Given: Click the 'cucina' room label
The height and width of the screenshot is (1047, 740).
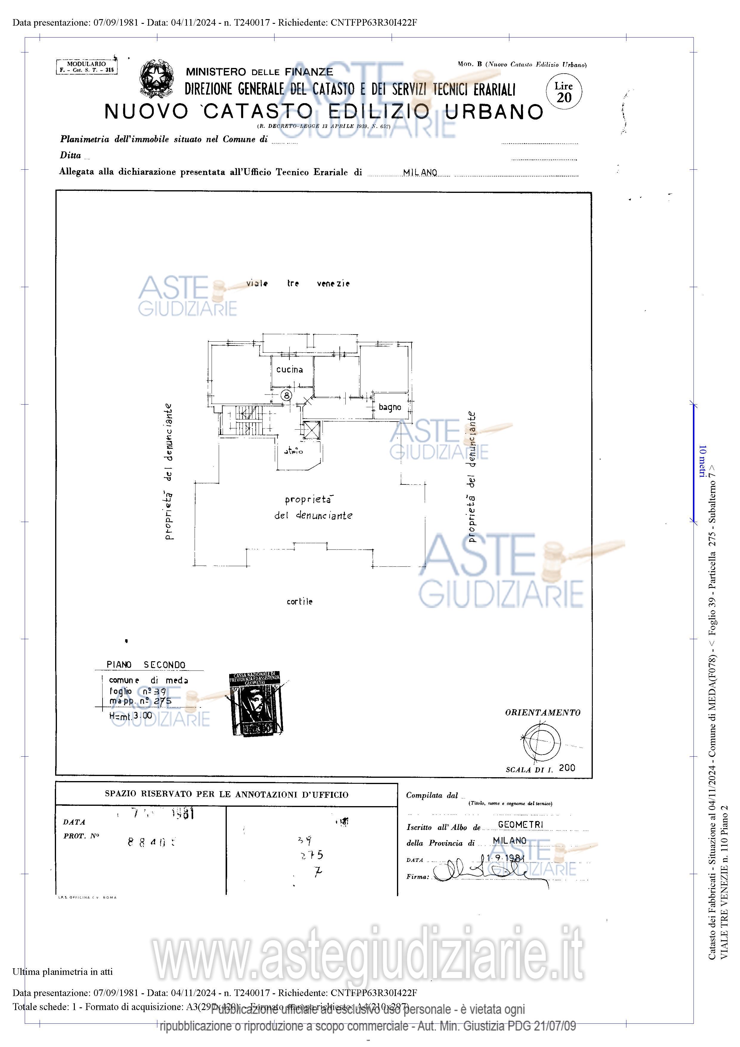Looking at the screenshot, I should (x=289, y=369).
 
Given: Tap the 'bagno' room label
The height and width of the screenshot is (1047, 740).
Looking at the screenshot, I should (x=390, y=407).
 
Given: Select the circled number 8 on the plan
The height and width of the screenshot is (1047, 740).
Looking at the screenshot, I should (x=286, y=395).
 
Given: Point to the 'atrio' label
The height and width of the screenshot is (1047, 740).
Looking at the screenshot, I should (x=294, y=451).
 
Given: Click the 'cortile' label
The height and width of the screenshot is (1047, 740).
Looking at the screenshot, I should (x=300, y=602).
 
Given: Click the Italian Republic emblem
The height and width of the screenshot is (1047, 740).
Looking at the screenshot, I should (x=156, y=78).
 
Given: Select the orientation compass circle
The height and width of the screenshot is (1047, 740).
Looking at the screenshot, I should (x=542, y=742).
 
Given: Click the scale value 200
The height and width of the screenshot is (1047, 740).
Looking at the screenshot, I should (x=567, y=768).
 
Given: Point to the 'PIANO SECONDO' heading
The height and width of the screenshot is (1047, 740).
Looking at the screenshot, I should (x=146, y=665).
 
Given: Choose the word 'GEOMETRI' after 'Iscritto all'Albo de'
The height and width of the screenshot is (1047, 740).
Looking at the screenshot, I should (x=520, y=825).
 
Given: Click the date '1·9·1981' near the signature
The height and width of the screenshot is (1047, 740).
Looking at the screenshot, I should (x=505, y=858).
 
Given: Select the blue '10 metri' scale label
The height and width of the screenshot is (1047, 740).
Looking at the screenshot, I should (x=702, y=461).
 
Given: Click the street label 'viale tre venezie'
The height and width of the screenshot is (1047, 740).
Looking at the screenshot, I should (x=298, y=283).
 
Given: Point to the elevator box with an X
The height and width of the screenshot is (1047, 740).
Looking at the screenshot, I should (x=312, y=430).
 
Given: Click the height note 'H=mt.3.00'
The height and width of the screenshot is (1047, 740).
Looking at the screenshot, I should (x=131, y=716).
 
